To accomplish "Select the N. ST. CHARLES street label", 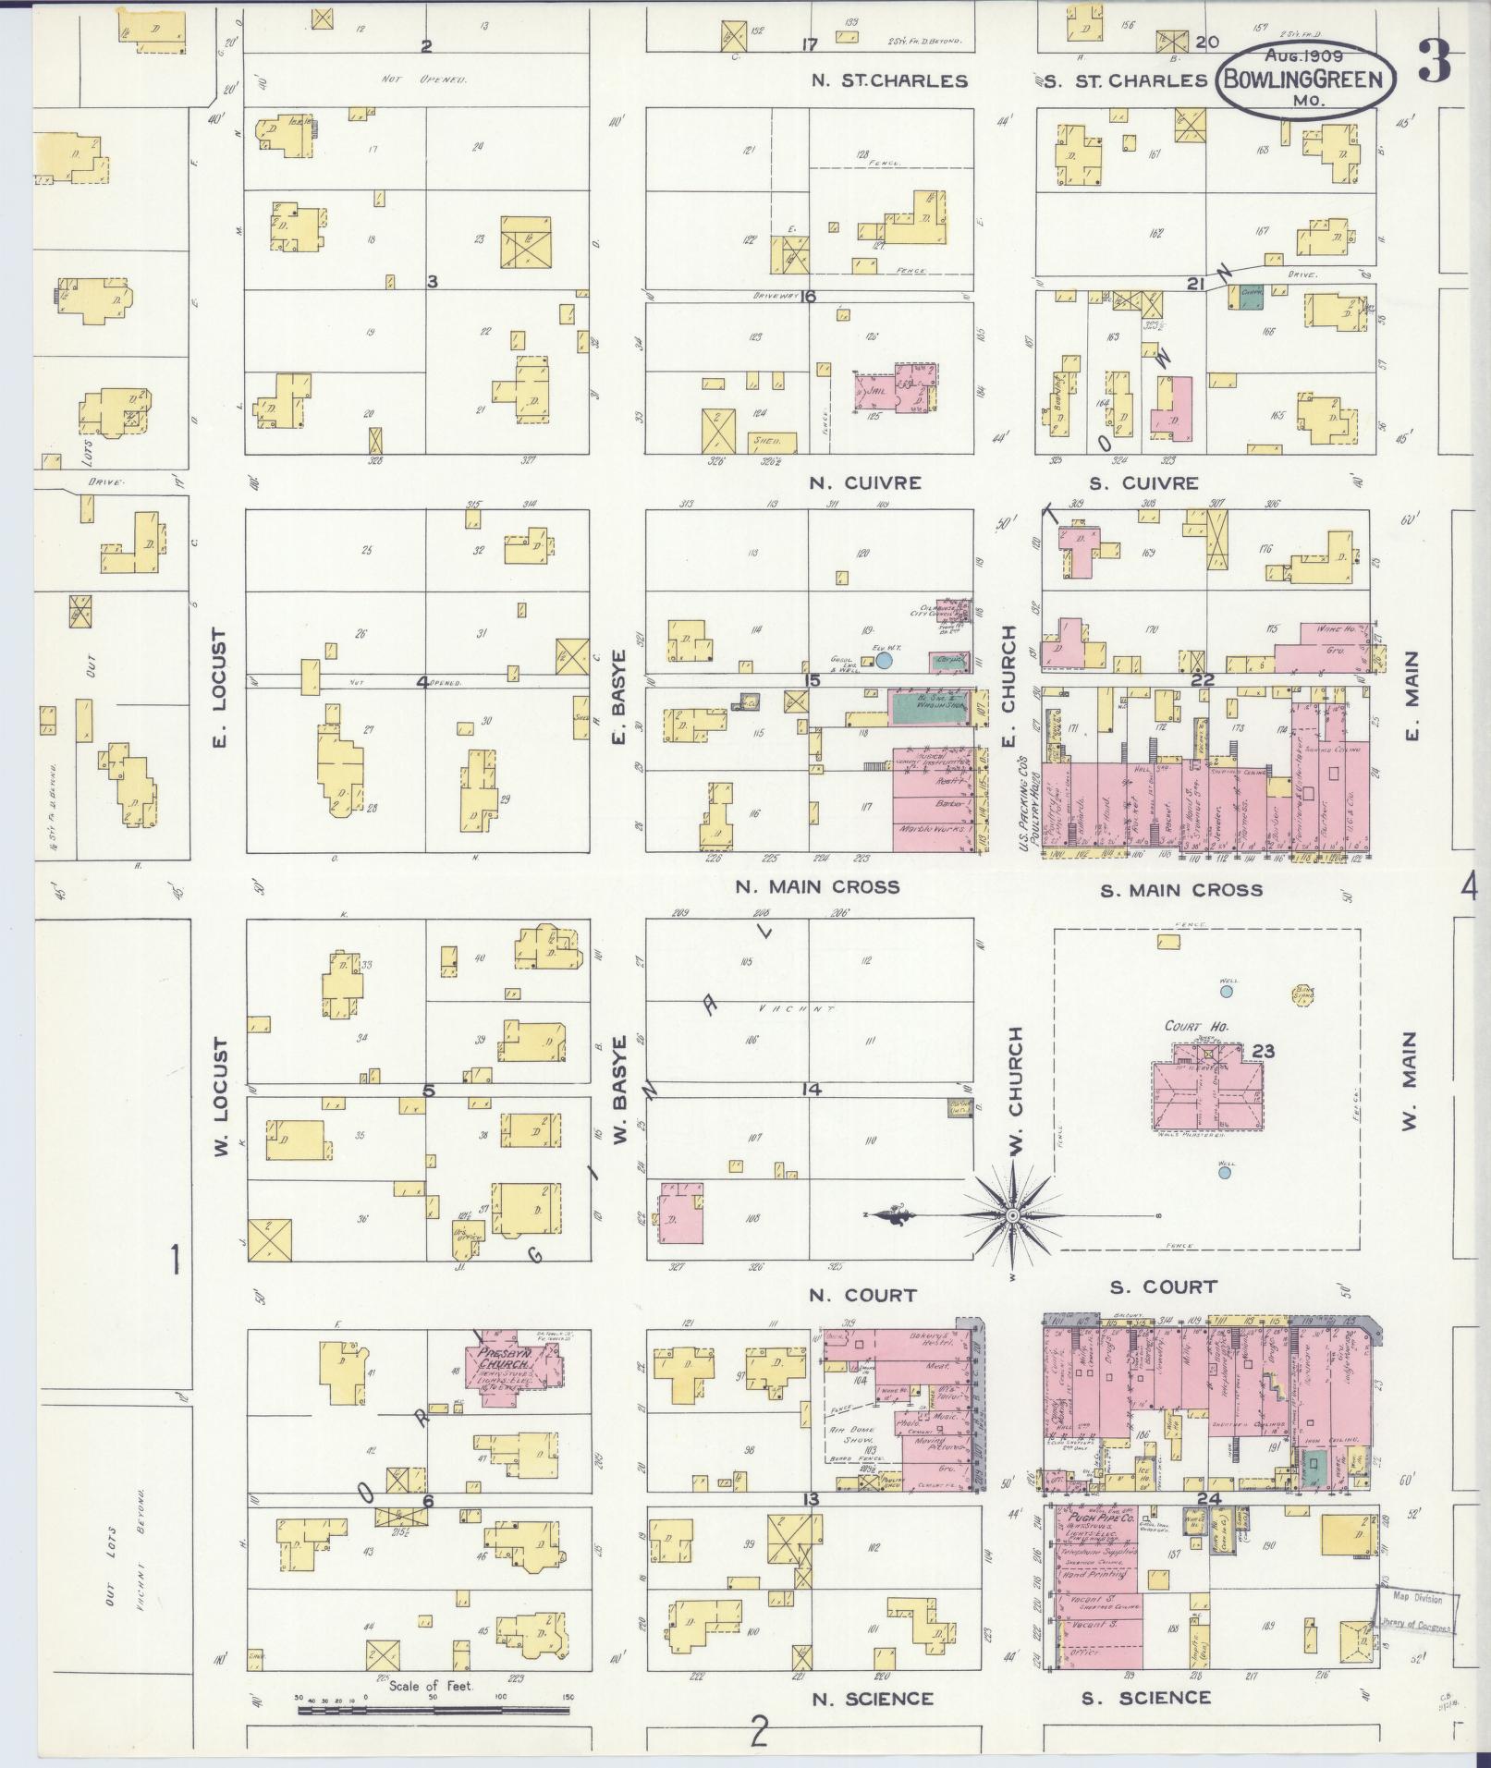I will coord(889,80).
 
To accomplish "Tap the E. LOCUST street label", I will coord(220,689).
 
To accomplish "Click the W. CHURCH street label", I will coord(1015,1091).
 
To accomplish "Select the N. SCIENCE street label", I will coord(873,1698).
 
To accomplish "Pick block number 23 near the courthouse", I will coord(1263,1051).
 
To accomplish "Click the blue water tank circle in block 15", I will coord(884,661).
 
